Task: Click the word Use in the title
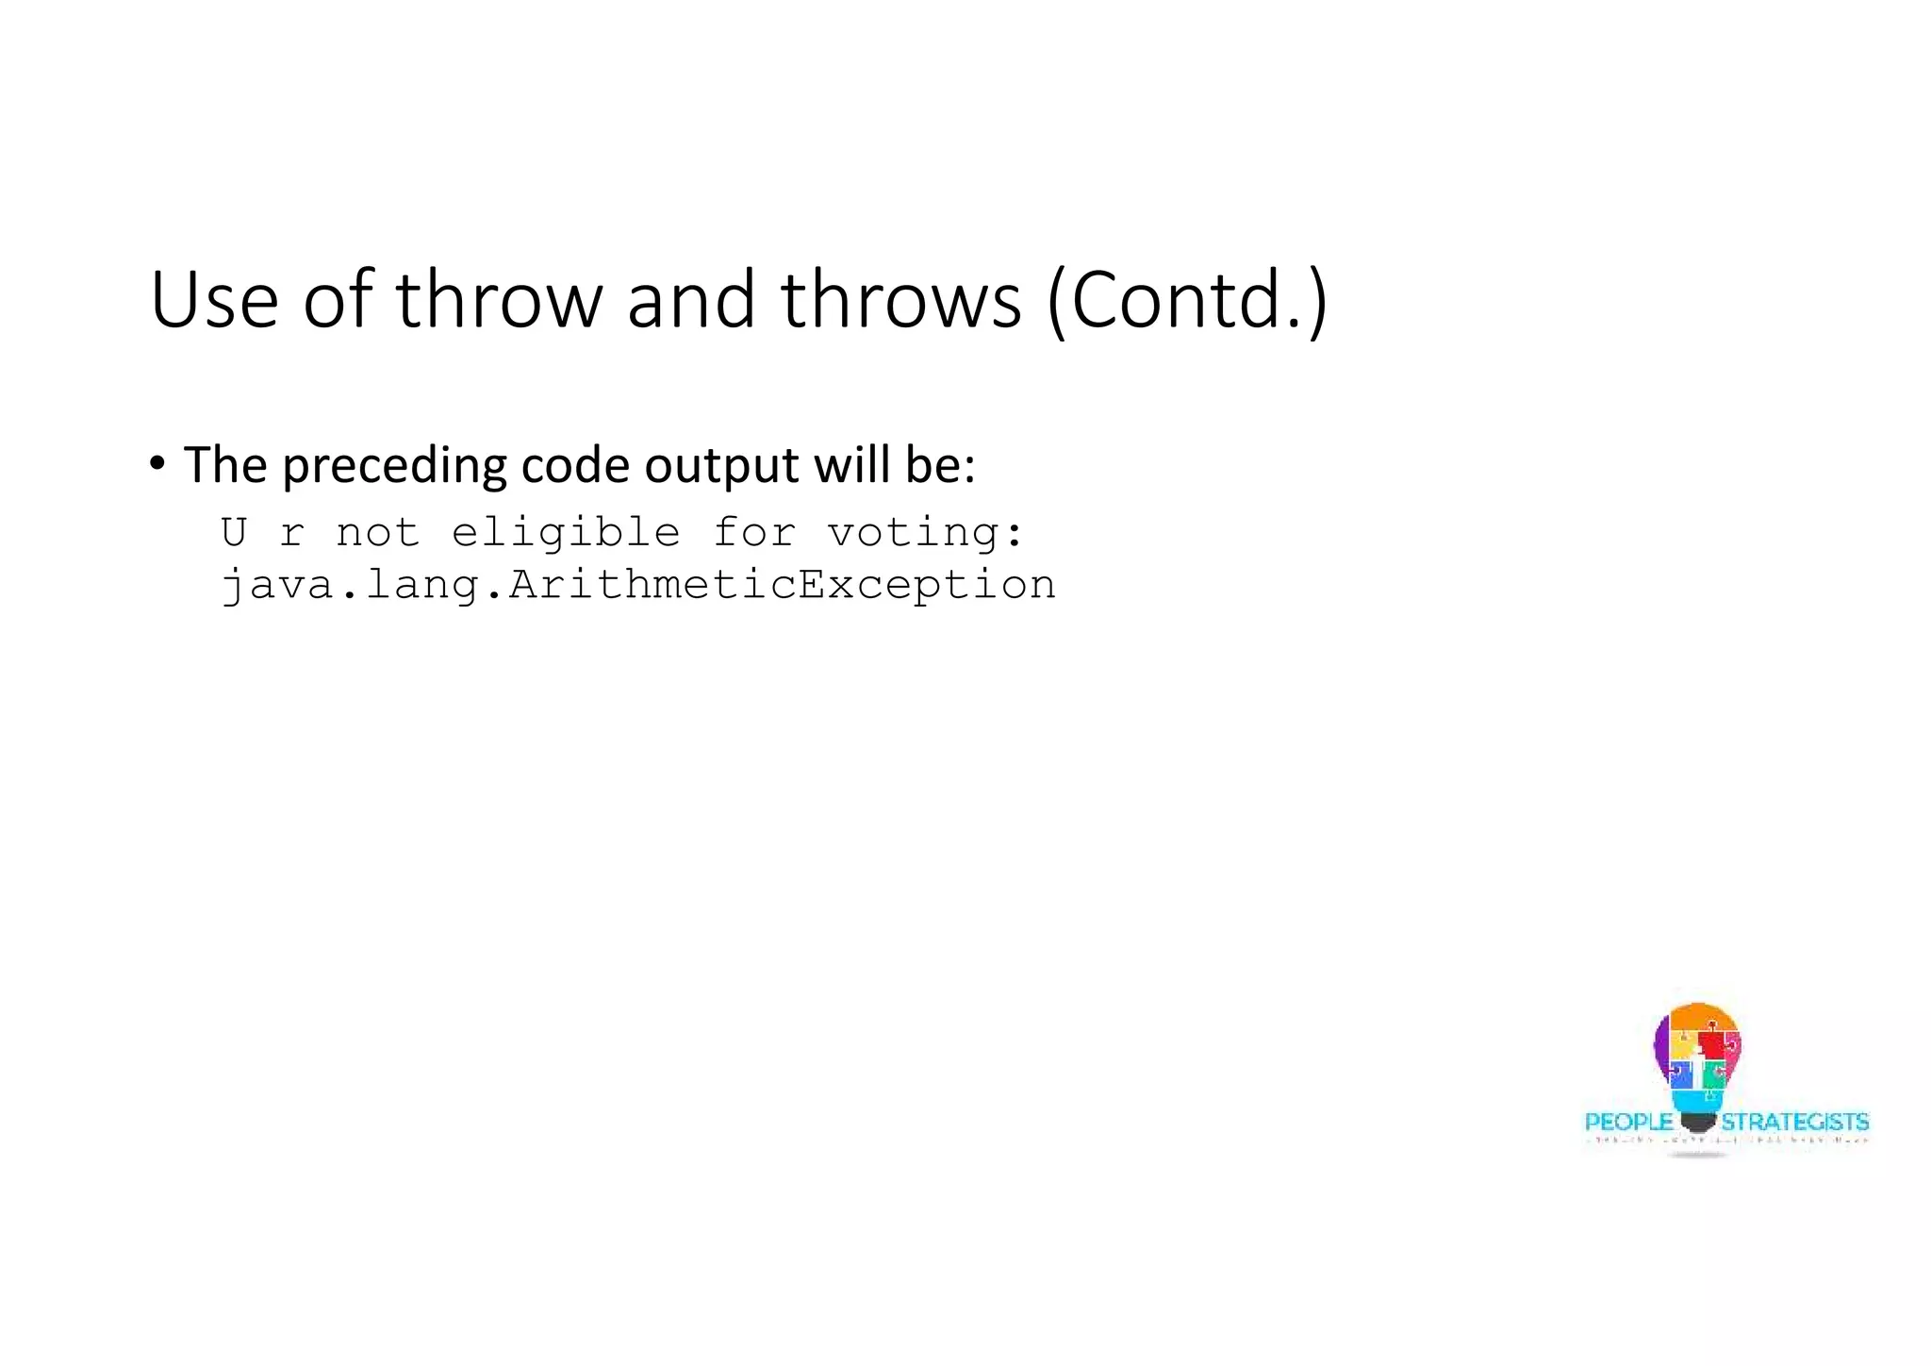pos(214,300)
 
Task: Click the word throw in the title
pos(498,300)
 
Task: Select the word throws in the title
pos(900,300)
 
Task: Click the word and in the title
pos(690,300)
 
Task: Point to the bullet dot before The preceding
pos(157,463)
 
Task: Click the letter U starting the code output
pos(234,532)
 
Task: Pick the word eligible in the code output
pos(566,533)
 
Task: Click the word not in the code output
pos(377,533)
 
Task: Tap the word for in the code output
pos(753,532)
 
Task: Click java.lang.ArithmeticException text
pos(638,585)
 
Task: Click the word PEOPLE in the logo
pos(1628,1122)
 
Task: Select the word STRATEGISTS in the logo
pos(1794,1122)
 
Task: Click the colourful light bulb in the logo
pos(1697,1057)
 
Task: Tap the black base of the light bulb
pos(1697,1123)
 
